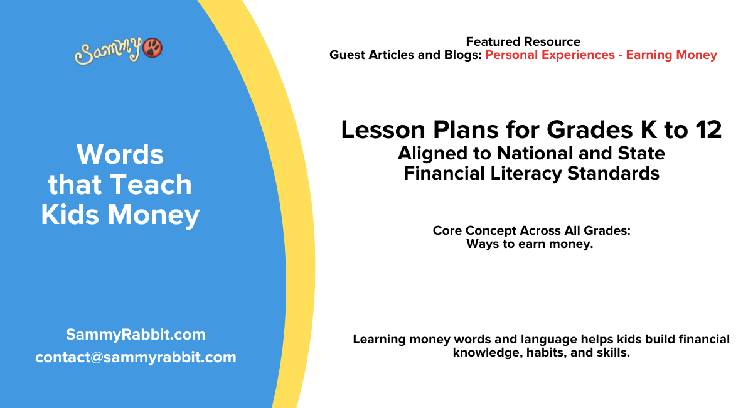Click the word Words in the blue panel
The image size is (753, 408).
[120, 154]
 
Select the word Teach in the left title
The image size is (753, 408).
[151, 185]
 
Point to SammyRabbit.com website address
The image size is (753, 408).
[136, 335]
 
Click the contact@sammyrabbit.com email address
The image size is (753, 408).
[136, 357]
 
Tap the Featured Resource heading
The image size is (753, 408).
[523, 42]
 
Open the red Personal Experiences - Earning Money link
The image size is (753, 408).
[601, 55]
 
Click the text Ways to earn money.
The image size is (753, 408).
[530, 244]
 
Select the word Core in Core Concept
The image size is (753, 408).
[447, 231]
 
